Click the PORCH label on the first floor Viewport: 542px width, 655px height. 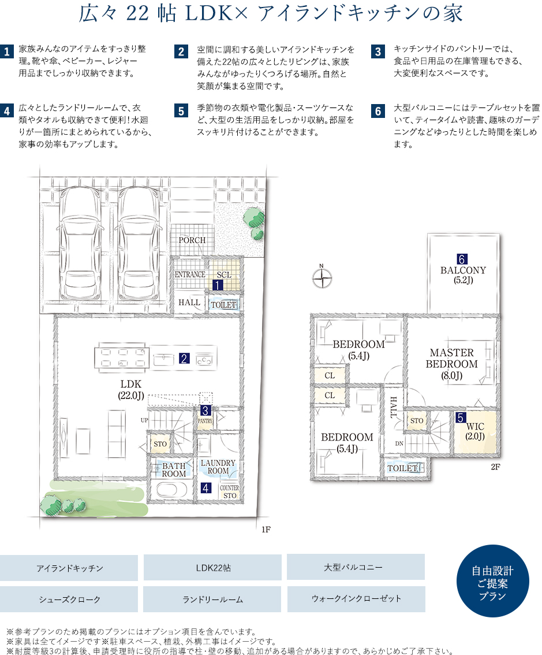pyautogui.click(x=192, y=240)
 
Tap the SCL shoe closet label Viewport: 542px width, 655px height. pyautogui.click(x=224, y=275)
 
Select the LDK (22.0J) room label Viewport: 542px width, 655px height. pyautogui.click(x=131, y=390)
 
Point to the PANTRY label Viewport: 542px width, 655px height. pyautogui.click(x=205, y=421)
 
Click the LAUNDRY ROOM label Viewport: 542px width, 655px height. pyautogui.click(x=218, y=467)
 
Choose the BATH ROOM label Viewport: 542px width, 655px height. pyautogui.click(x=174, y=469)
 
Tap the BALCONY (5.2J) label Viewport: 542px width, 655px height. pyautogui.click(x=463, y=275)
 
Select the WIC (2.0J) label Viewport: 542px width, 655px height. pyautogui.click(x=475, y=431)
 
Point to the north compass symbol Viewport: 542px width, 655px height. pyautogui.click(x=322, y=278)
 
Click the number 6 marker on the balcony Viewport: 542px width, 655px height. pyautogui.click(x=462, y=259)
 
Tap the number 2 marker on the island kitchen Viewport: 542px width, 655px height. pyautogui.click(x=184, y=358)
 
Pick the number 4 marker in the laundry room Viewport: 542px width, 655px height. pyautogui.click(x=205, y=488)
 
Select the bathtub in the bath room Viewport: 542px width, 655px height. pyautogui.click(x=172, y=489)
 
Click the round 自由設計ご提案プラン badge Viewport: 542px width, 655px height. pyautogui.click(x=492, y=581)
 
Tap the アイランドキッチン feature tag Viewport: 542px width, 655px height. pyautogui.click(x=69, y=568)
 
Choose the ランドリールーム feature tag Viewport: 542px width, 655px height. pyautogui.click(x=212, y=600)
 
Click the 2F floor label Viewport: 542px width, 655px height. pyautogui.click(x=495, y=467)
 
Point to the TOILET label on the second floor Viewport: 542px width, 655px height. pyautogui.click(x=402, y=468)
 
